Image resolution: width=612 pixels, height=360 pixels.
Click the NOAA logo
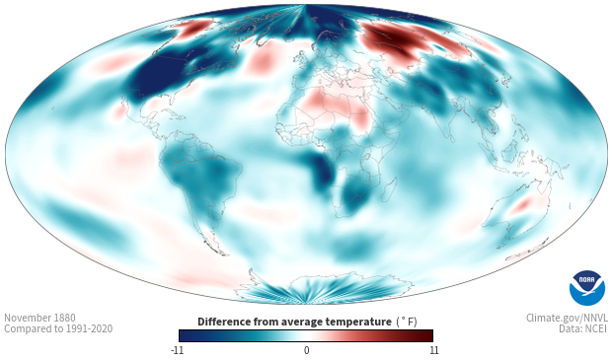(x=587, y=288)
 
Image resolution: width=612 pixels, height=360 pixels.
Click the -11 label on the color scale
(x=177, y=350)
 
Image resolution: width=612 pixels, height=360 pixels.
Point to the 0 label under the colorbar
(x=306, y=350)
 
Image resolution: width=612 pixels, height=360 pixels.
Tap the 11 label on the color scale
(x=434, y=350)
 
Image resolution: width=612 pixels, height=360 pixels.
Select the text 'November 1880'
(x=39, y=318)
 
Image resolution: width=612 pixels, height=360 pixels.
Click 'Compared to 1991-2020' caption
(x=58, y=328)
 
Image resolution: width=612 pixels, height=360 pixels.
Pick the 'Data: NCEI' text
(x=583, y=328)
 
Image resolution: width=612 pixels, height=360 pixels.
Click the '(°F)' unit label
(x=407, y=322)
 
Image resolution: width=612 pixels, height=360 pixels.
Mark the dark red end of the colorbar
(x=427, y=335)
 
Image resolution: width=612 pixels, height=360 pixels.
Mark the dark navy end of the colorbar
(x=185, y=335)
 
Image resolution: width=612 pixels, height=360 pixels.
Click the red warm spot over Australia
(x=522, y=204)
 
